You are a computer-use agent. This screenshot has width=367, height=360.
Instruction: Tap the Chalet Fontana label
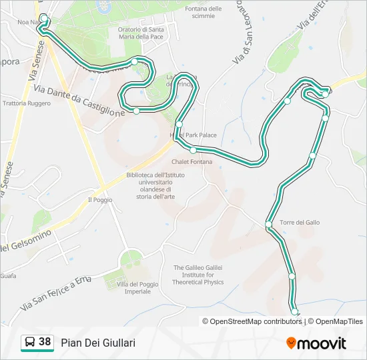(192, 162)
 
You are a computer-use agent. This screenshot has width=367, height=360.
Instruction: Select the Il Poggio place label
(100, 199)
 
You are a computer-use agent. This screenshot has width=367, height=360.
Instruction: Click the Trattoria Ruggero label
(27, 103)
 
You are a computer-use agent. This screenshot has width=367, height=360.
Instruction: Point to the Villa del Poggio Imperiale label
(137, 288)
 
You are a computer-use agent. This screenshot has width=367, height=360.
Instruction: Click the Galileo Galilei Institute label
(198, 275)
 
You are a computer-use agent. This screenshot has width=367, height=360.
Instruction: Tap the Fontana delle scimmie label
(204, 12)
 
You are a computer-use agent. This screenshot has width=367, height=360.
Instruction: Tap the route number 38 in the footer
(45, 342)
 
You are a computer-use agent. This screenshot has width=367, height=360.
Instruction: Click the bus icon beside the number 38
(29, 343)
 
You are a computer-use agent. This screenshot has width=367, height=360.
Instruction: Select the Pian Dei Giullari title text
(98, 343)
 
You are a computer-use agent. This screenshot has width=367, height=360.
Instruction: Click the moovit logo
(316, 343)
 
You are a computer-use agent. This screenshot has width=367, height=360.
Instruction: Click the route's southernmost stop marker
(294, 311)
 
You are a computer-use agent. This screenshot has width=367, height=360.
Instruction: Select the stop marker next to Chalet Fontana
(193, 150)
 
